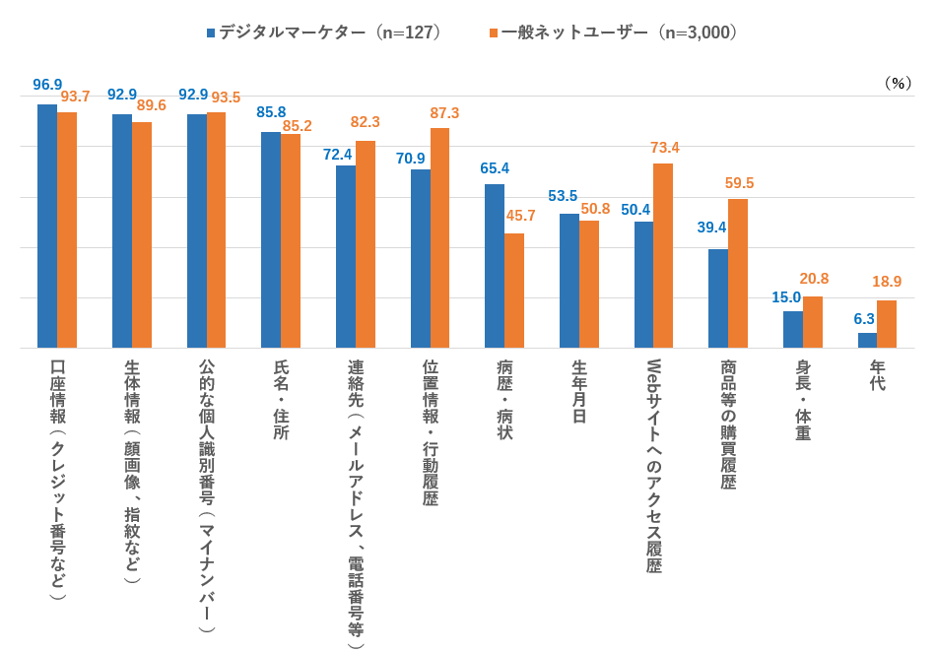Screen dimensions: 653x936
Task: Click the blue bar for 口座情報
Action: pyautogui.click(x=47, y=226)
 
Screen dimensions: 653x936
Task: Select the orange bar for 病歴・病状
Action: pyautogui.click(x=514, y=291)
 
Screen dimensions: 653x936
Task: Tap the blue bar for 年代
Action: pyautogui.click(x=867, y=340)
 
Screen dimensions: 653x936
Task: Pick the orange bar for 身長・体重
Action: pyautogui.click(x=813, y=322)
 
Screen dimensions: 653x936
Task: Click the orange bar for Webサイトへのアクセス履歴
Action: pyautogui.click(x=663, y=255)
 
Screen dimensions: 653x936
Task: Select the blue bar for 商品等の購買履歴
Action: pyautogui.click(x=718, y=298)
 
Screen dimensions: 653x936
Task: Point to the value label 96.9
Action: pyautogui.click(x=47, y=85)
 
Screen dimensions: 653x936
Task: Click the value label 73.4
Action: pyautogui.click(x=665, y=148)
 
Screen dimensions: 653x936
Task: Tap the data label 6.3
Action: pyautogui.click(x=865, y=318)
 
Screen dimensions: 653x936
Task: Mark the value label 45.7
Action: pyautogui.click(x=520, y=216)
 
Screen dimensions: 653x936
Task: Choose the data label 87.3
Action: pyautogui.click(x=444, y=113)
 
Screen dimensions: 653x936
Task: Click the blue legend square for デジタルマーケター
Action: pyautogui.click(x=211, y=33)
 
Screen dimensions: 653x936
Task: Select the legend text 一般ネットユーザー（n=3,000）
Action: pyautogui.click(x=619, y=33)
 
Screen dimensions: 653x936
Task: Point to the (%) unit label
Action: pyautogui.click(x=898, y=83)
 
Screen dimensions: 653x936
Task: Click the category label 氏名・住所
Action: pyautogui.click(x=281, y=399)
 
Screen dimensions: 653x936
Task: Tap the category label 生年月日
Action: pyautogui.click(x=579, y=391)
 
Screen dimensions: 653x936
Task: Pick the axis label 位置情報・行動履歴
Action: pyautogui.click(x=430, y=432)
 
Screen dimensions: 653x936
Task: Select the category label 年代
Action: pyautogui.click(x=877, y=375)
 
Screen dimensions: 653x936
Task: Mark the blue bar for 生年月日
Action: pyautogui.click(x=569, y=281)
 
